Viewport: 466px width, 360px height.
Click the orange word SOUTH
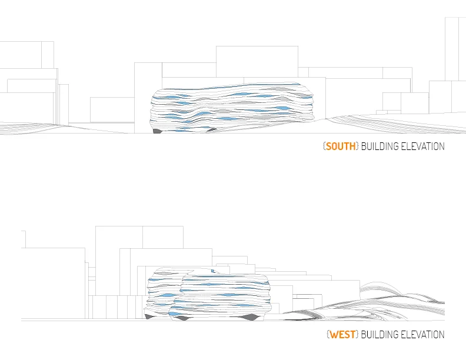(341, 146)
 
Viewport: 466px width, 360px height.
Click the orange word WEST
(342, 335)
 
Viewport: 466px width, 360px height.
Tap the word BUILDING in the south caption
(380, 146)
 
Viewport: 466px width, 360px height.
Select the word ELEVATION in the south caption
(422, 146)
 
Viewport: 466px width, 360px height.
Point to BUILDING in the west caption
(380, 335)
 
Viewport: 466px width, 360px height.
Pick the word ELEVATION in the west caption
(422, 335)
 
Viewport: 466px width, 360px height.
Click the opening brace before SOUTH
(324, 146)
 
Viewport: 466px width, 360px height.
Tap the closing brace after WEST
(357, 335)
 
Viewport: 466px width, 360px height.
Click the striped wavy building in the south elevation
(232, 108)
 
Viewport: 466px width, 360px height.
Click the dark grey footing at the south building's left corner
(158, 131)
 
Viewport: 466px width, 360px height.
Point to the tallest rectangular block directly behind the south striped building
(257, 62)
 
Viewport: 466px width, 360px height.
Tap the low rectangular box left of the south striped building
(112, 109)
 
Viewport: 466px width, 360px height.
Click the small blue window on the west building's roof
(213, 271)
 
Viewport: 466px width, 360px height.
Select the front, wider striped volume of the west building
(221, 297)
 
